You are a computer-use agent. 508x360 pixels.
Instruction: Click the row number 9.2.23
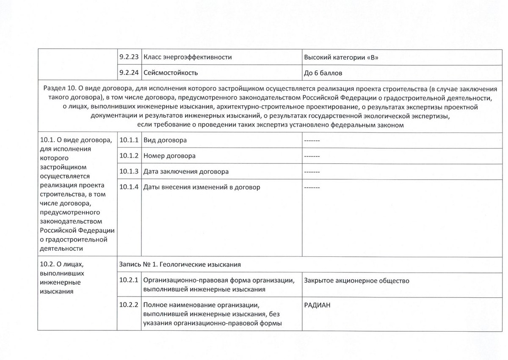tap(129, 57)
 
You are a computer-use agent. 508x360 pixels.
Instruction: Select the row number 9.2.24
tap(129, 73)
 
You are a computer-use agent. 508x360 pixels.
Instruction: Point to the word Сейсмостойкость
tap(171, 73)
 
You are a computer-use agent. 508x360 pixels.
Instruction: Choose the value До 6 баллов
tap(323, 73)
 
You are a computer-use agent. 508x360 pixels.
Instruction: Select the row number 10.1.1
tap(129, 140)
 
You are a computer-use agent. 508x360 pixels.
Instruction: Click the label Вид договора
tap(165, 140)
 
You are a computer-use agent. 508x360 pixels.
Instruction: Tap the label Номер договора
tap(169, 156)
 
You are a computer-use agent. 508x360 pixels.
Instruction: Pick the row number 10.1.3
tap(129, 171)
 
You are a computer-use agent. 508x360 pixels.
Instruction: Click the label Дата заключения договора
tap(186, 172)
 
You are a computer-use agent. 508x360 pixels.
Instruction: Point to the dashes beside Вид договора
tap(312, 140)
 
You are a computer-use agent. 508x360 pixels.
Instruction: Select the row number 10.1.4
tap(129, 187)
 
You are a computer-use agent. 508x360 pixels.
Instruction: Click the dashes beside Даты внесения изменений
tap(312, 187)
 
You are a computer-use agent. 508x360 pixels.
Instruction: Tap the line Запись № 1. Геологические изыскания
tap(180, 265)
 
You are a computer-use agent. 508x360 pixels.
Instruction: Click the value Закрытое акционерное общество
tap(356, 280)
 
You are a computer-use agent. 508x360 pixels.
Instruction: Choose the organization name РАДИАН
tap(317, 305)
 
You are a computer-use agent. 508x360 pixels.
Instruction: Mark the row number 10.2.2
tap(129, 305)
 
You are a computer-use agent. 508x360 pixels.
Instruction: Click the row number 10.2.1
tap(129, 280)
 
